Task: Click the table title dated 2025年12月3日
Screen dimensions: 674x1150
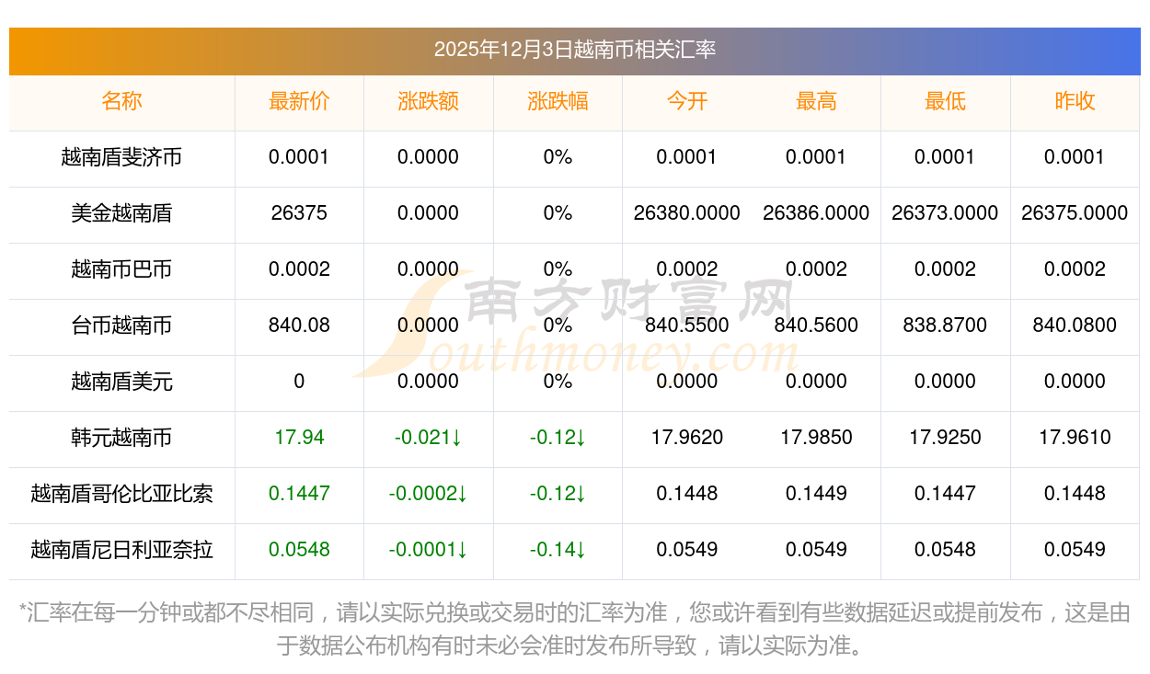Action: pos(574,50)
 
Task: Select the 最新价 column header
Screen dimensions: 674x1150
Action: pos(299,101)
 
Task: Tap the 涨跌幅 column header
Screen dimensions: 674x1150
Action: pos(558,101)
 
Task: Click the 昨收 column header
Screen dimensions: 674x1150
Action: pos(1075,101)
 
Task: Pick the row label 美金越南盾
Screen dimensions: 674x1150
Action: pos(121,213)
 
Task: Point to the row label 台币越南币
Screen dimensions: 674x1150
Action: pos(121,326)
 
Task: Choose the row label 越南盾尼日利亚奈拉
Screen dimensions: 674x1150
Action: pos(121,550)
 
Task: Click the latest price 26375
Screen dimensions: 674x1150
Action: pos(299,213)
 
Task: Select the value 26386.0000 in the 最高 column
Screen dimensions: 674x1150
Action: pos(816,213)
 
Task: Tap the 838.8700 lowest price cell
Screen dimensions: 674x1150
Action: pos(945,326)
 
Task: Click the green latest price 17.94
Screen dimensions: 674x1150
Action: pos(299,438)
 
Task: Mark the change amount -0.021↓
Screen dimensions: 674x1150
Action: pos(428,438)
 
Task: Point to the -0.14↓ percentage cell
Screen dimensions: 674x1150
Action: pos(558,550)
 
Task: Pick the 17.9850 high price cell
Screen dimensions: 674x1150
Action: pos(816,438)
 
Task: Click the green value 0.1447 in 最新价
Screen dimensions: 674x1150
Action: pos(299,494)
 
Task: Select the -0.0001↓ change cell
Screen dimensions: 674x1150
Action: pos(428,550)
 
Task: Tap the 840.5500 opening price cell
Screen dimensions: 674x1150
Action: pos(686,326)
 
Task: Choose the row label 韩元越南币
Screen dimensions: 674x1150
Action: pos(121,438)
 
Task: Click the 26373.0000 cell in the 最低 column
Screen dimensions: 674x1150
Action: pos(945,213)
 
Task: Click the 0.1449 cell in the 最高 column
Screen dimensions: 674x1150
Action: pos(816,494)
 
